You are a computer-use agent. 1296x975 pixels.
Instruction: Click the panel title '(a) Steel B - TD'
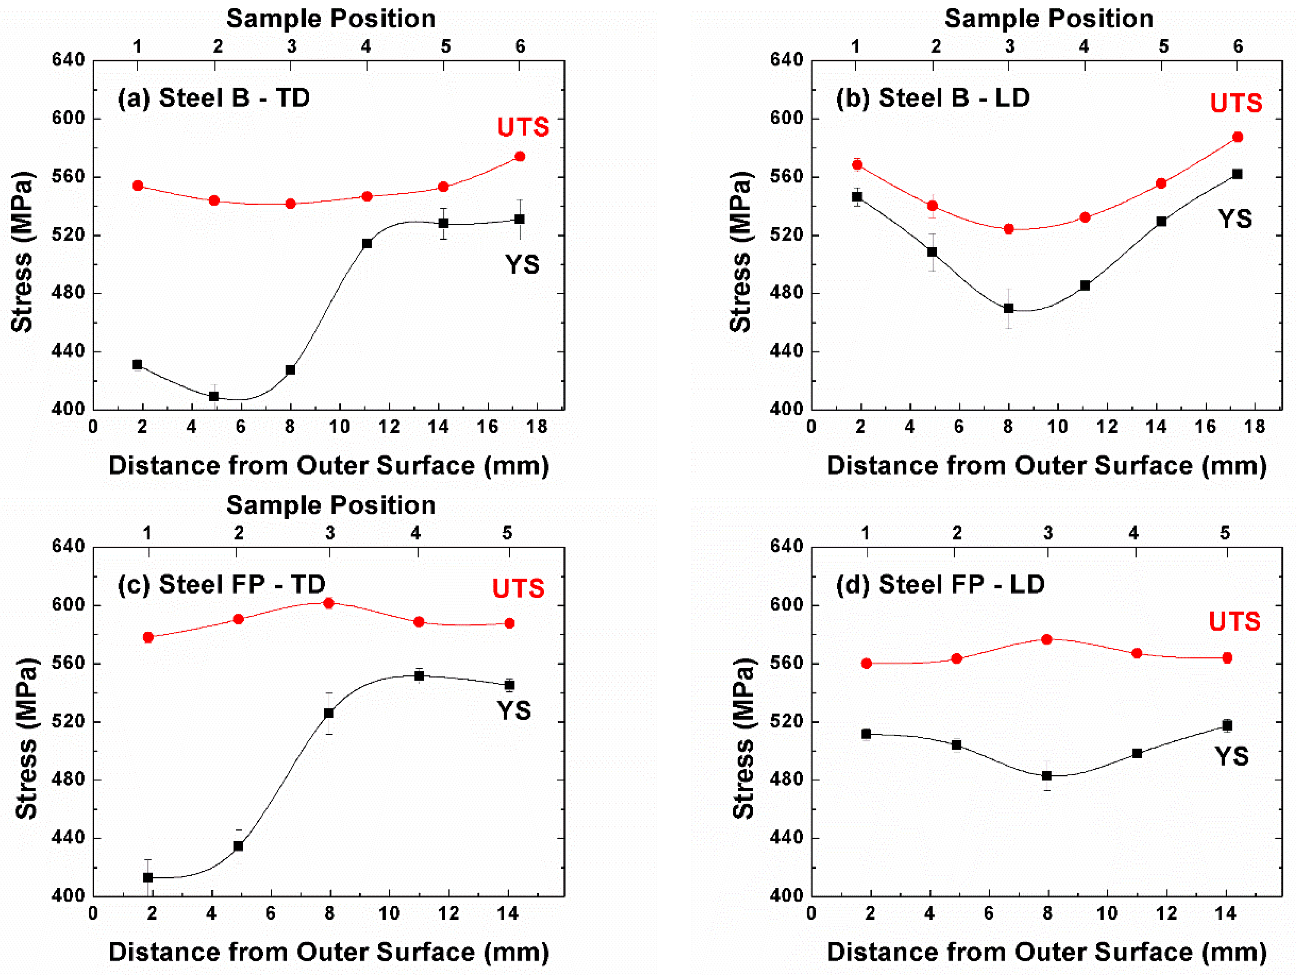214,98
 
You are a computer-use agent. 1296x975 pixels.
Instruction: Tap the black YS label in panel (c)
514,710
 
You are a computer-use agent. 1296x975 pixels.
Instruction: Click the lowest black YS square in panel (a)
214,397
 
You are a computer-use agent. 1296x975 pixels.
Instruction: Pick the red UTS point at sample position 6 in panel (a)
519,156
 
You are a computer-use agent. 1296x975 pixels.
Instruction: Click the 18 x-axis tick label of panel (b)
1254,427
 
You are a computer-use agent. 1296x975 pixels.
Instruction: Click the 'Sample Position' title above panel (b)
1049,19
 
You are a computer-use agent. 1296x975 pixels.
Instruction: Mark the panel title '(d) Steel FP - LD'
940,584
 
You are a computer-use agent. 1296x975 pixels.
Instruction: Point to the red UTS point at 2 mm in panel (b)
857,165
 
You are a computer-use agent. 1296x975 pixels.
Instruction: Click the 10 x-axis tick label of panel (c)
388,914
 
